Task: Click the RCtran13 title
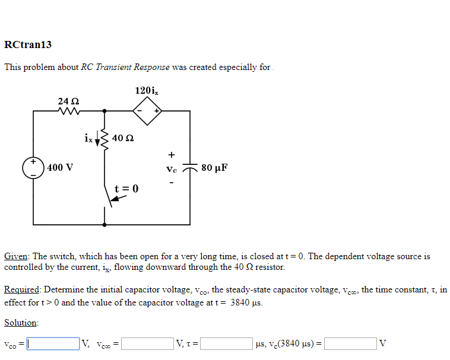pyautogui.click(x=28, y=45)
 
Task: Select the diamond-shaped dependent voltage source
pyautogui.click(x=147, y=110)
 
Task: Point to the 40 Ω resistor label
pyautogui.click(x=122, y=138)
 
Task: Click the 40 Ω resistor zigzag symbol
pyautogui.click(x=105, y=139)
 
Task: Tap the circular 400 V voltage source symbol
pyautogui.click(x=33, y=167)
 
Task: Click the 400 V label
pyautogui.click(x=61, y=167)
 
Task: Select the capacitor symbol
pyautogui.click(x=190, y=168)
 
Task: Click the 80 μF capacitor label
pyautogui.click(x=214, y=167)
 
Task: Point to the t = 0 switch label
pyautogui.click(x=126, y=189)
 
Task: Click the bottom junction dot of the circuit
pyautogui.click(x=105, y=225)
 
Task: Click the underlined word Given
pyautogui.click(x=16, y=257)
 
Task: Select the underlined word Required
pyautogui.click(x=21, y=290)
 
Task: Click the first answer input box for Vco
pyautogui.click(x=53, y=343)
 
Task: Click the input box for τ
pyautogui.click(x=227, y=343)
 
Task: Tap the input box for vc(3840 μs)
pyautogui.click(x=350, y=343)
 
